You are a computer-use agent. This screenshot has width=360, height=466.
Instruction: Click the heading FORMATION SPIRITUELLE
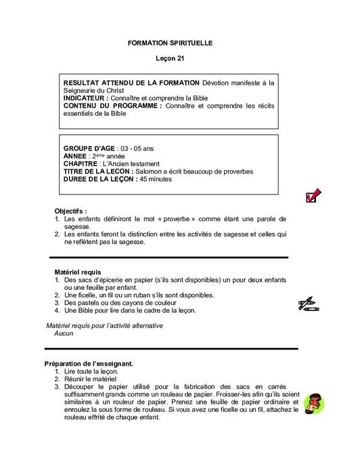click(x=170, y=43)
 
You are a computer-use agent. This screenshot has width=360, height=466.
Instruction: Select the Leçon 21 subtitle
click(x=170, y=58)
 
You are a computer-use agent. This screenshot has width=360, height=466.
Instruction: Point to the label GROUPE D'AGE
click(x=89, y=148)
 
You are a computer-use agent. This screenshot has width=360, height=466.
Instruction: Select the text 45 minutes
click(x=156, y=179)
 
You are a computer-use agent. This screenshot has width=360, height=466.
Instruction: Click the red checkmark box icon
click(x=313, y=196)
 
